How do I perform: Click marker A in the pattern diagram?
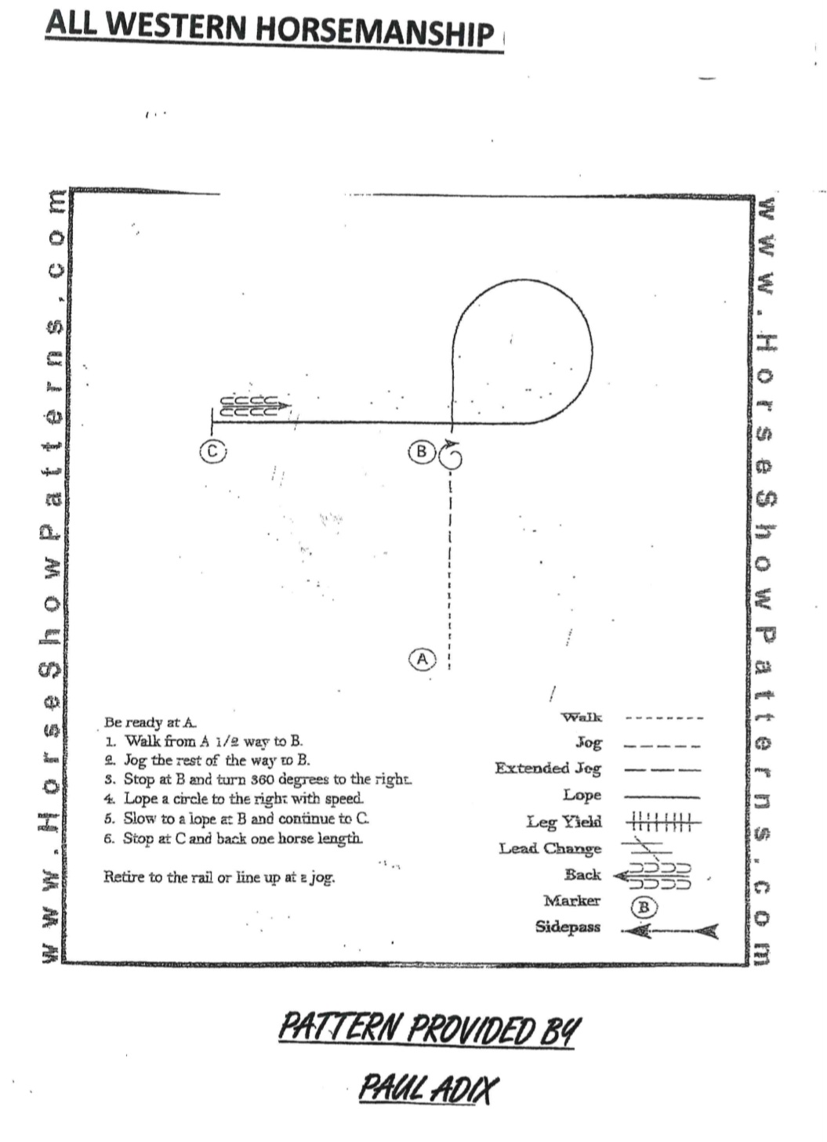[423, 660]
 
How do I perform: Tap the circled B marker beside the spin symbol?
[422, 452]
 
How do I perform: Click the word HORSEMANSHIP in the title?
[375, 32]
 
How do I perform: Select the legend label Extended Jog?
[548, 768]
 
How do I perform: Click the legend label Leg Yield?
[564, 822]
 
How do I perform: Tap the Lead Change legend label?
[550, 848]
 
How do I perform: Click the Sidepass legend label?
[568, 927]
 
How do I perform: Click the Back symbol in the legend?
[652, 876]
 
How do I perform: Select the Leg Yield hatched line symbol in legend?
[663, 822]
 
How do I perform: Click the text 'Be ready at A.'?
[151, 722]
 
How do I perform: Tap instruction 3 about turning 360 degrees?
[258, 779]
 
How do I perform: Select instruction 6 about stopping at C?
[234, 839]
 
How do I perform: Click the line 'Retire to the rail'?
[219, 877]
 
